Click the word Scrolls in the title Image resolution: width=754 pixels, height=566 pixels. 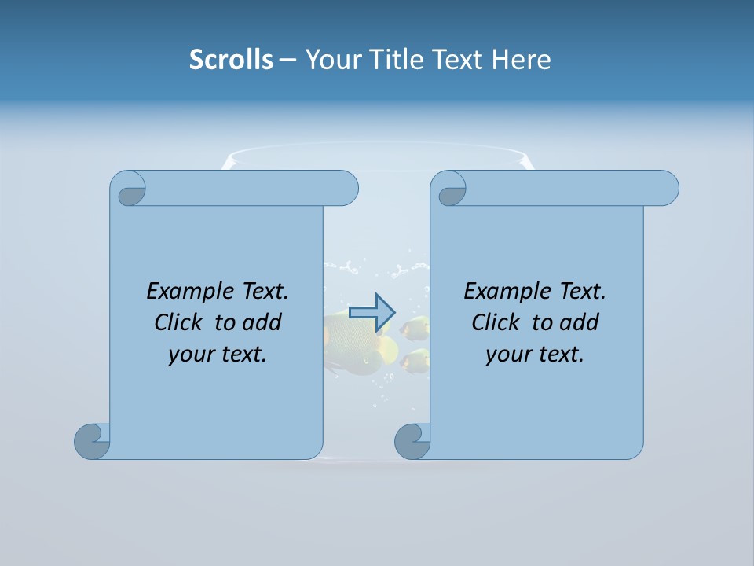[x=231, y=60]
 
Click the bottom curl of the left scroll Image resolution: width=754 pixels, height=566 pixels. [x=92, y=441]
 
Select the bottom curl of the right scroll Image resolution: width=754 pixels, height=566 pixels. [x=412, y=441]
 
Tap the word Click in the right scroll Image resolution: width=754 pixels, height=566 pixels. [x=495, y=322]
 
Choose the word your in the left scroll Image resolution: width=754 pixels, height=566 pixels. [x=188, y=355]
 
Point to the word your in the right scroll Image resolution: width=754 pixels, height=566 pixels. [x=506, y=355]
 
